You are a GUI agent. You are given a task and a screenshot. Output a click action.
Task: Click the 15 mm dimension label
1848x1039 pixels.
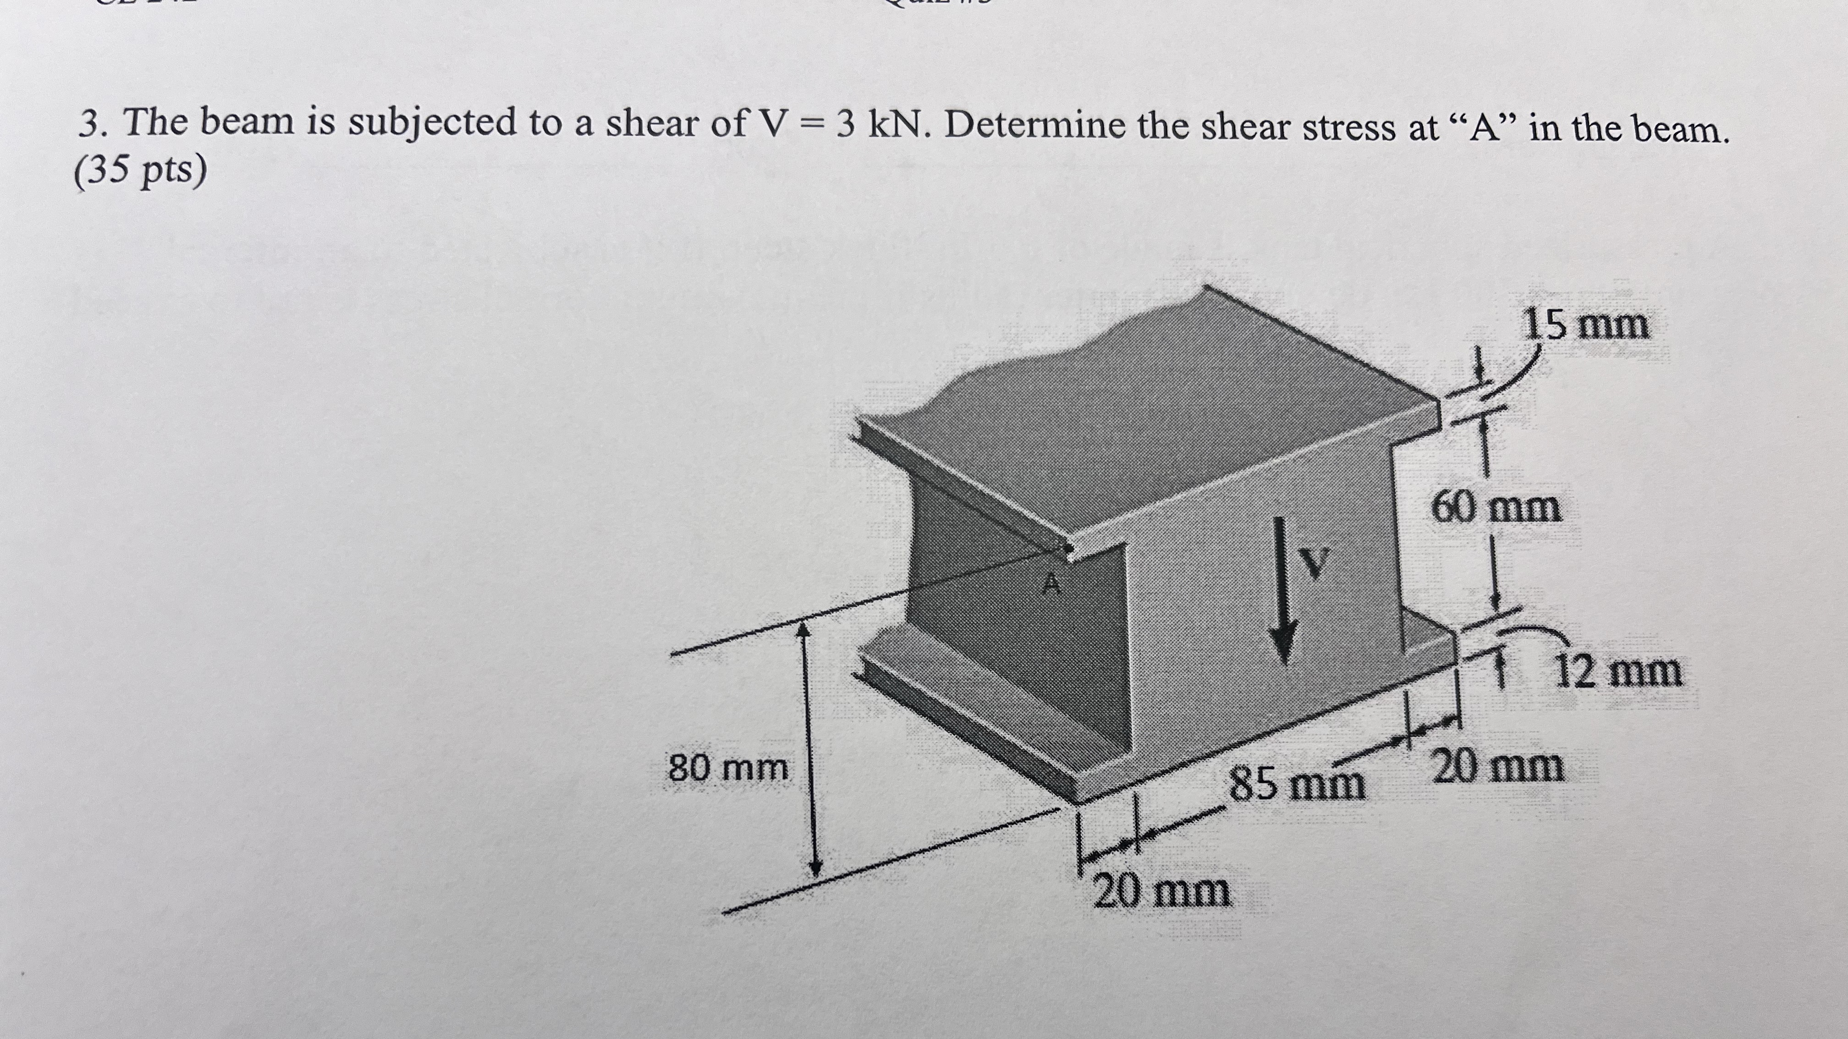click(x=1585, y=324)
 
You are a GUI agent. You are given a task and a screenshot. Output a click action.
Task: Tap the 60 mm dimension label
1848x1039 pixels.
click(x=1496, y=508)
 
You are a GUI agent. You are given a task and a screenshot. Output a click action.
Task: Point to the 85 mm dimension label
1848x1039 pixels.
click(x=1297, y=783)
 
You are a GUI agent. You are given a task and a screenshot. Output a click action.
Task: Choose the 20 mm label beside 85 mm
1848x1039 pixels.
click(x=1497, y=766)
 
